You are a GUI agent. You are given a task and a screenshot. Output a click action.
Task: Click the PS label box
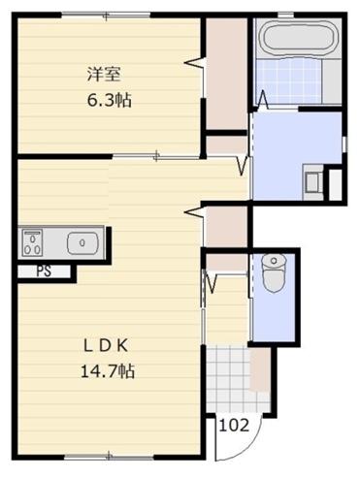(44, 271)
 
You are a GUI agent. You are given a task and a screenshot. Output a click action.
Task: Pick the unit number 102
(232, 424)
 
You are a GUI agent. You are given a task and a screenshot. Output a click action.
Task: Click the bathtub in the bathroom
(297, 42)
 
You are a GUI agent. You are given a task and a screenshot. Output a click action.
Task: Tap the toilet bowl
(273, 271)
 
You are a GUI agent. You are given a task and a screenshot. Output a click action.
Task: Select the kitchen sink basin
(81, 240)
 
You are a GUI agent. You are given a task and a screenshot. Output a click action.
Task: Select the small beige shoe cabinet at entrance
(260, 368)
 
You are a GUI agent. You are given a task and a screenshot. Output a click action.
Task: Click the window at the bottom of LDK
(107, 456)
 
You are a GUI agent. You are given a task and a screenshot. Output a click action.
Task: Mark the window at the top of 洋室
(107, 14)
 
